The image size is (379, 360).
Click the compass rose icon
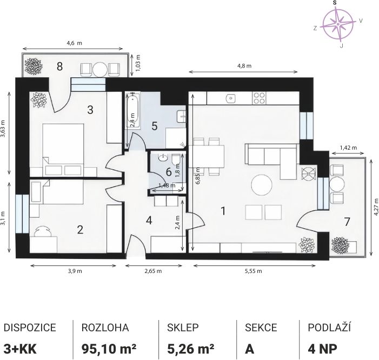point(338,24)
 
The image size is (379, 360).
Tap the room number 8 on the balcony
point(59,66)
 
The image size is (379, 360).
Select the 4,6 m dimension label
point(74,43)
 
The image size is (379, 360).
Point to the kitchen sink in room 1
point(231,98)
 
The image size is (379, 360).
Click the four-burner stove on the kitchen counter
point(260,98)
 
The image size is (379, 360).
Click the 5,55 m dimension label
point(254,271)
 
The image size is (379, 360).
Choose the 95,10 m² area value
point(109,349)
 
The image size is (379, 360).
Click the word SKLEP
point(183,328)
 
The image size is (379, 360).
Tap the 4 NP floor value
point(322,349)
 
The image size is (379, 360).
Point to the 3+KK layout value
point(20,349)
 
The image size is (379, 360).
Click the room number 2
point(80,230)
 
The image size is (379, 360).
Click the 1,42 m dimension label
point(348,148)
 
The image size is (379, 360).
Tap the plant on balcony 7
point(340,245)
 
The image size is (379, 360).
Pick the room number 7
point(347,222)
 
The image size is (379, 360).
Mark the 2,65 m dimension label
point(153,271)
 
